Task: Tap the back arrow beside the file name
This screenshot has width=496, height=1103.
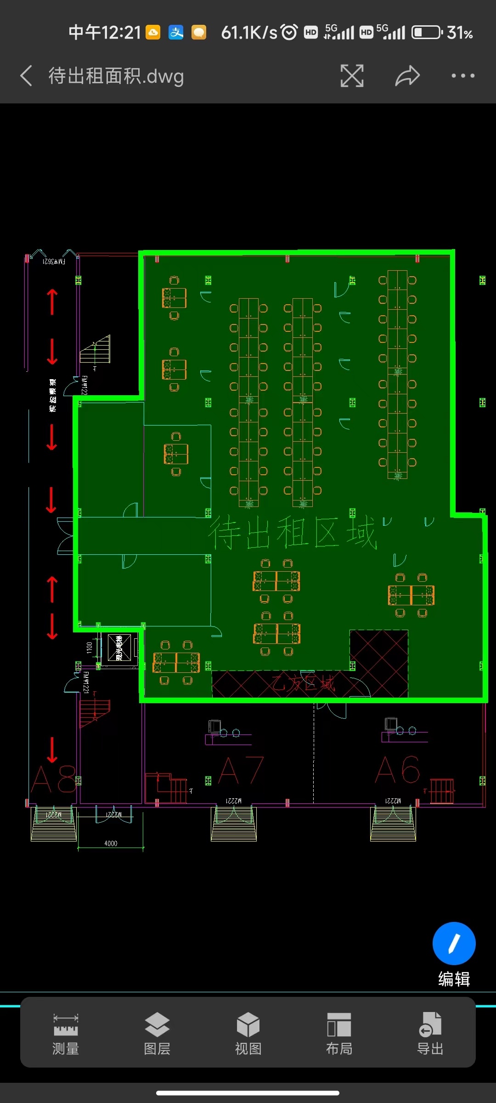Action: [x=26, y=76]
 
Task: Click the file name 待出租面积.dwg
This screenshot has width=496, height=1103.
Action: [x=116, y=76]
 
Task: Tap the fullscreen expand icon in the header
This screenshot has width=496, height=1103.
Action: [x=352, y=76]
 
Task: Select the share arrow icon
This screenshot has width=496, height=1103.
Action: [x=407, y=76]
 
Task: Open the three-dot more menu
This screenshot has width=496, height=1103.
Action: [x=462, y=76]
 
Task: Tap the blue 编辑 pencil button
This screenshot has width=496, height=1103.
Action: [x=454, y=944]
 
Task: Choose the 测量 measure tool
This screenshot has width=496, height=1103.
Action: [x=66, y=1032]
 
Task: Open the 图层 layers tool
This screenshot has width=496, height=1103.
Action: [x=157, y=1032]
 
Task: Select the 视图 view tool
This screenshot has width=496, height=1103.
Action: [x=248, y=1032]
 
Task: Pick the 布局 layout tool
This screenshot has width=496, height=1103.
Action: [x=339, y=1032]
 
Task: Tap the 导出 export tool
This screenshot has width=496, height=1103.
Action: [x=430, y=1032]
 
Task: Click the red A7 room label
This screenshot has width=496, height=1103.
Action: [x=241, y=771]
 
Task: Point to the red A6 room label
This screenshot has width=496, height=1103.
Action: [x=397, y=770]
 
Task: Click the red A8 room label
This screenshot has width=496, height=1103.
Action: [x=53, y=779]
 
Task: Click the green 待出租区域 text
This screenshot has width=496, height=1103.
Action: [x=293, y=533]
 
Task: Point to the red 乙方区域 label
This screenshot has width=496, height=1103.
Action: [x=303, y=684]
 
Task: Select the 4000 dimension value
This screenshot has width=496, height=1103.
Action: [x=111, y=843]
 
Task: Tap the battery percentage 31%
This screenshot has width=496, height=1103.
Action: [x=460, y=33]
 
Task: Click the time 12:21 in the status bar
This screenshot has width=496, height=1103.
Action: [x=120, y=33]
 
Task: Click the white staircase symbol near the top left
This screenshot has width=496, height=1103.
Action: [x=96, y=350]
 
